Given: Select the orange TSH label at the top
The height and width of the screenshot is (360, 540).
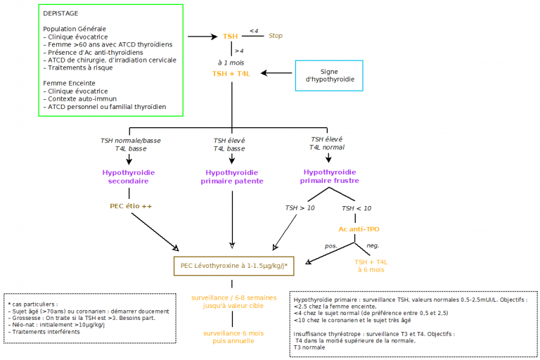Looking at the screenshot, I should point(231,36).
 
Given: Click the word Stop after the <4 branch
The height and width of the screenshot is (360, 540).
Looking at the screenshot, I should point(276,36).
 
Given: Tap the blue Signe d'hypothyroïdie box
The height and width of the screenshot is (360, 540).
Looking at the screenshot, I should point(329,76).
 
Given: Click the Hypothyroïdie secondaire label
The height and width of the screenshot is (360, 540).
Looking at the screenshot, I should point(129,176).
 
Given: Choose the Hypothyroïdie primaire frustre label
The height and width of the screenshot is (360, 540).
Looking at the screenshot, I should point(329,176).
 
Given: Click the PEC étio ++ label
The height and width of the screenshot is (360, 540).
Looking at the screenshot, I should point(131,206).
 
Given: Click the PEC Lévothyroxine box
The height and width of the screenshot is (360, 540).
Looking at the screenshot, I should point(233,266).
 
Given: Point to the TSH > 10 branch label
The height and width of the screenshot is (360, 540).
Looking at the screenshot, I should point(300,208).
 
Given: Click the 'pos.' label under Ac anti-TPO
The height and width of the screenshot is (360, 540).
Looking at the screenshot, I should point(330,245).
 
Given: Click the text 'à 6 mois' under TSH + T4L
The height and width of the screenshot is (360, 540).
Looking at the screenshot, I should point(371,270).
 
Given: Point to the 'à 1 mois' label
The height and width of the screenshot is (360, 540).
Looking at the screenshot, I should point(231,63).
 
